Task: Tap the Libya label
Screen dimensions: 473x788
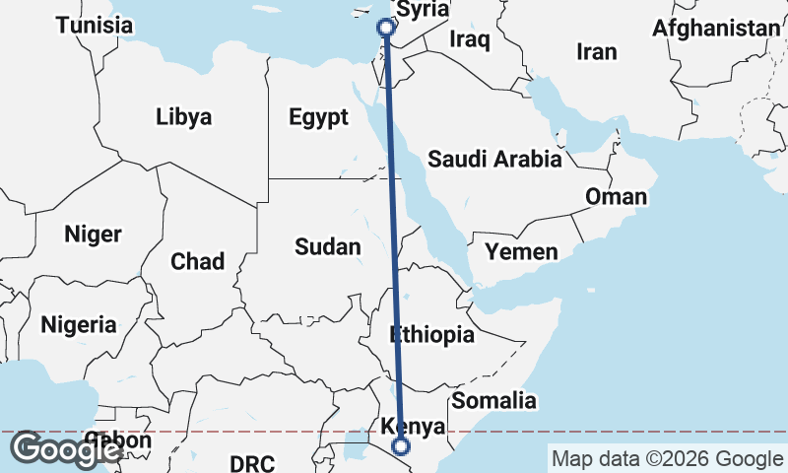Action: (x=183, y=117)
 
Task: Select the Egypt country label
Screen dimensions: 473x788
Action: (x=318, y=117)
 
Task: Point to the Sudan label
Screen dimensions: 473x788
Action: (x=328, y=246)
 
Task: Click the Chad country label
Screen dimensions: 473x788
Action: (x=197, y=261)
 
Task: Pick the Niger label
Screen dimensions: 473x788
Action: (x=93, y=235)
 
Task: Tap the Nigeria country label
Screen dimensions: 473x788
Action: (x=79, y=323)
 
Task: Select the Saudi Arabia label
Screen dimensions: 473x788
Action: (x=494, y=159)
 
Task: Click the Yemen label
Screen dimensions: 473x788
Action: (x=521, y=252)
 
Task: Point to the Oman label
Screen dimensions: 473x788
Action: (x=617, y=197)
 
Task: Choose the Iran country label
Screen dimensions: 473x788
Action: (x=597, y=51)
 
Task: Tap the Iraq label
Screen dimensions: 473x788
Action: (x=469, y=38)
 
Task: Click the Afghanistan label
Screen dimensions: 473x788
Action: (x=716, y=29)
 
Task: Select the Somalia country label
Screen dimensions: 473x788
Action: (x=494, y=400)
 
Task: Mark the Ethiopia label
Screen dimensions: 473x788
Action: (x=431, y=335)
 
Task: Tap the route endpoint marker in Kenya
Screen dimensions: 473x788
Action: (x=401, y=446)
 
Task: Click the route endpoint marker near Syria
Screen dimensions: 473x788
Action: (x=386, y=28)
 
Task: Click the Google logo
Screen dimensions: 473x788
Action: (x=66, y=450)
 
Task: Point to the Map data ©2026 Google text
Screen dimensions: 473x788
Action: (x=667, y=458)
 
